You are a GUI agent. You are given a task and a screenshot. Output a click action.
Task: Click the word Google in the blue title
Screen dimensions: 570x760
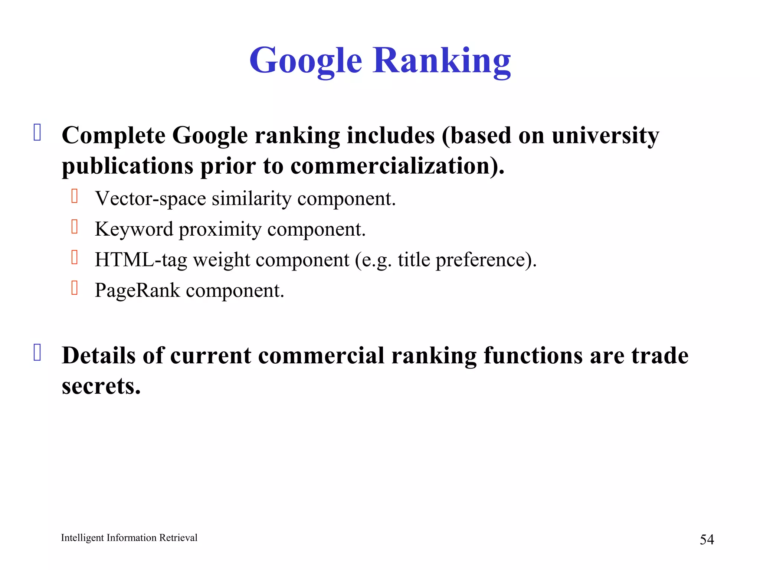point(305,60)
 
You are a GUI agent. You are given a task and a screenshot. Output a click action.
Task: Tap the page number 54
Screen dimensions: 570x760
point(707,539)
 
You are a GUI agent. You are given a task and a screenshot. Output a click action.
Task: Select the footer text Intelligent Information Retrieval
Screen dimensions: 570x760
point(129,538)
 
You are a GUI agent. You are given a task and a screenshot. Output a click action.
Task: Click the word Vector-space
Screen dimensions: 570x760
point(150,199)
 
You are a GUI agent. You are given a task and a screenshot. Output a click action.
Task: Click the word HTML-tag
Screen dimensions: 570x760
point(141,260)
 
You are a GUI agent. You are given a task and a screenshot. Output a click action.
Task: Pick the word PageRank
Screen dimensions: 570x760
point(137,290)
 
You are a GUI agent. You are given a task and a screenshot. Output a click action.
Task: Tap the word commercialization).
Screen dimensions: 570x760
point(397,166)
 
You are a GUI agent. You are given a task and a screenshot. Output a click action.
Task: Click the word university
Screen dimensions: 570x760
point(605,135)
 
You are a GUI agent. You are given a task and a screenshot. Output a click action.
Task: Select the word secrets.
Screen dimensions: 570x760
point(101,386)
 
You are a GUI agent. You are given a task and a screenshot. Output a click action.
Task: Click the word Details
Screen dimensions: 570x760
point(99,356)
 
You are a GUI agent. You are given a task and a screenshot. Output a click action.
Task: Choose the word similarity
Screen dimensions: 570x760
point(252,199)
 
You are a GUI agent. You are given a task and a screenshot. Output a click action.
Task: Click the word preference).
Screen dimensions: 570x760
point(486,260)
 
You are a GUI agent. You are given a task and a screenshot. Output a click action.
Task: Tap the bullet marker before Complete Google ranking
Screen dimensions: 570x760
point(37,132)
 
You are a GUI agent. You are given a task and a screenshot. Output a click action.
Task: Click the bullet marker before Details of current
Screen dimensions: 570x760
point(37,353)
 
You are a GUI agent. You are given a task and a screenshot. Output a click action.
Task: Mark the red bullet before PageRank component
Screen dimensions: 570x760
point(75,288)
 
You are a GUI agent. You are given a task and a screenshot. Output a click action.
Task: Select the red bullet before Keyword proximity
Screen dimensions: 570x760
point(75,227)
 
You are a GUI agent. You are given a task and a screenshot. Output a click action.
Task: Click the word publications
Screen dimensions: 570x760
point(127,166)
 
